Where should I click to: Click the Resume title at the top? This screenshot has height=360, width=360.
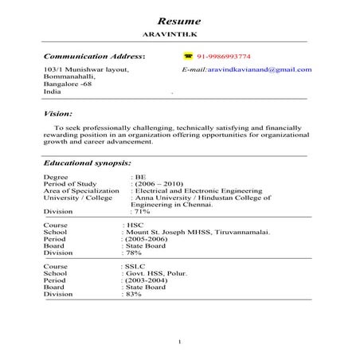point(179,21)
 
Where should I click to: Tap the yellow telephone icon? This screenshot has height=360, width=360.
point(188,57)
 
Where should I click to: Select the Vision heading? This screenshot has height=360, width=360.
point(58,114)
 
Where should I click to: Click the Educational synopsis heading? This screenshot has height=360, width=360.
point(87,162)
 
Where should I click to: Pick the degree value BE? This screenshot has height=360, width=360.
point(140,177)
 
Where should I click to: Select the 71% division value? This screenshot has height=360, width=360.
point(142,212)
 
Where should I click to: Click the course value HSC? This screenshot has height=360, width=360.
point(134,225)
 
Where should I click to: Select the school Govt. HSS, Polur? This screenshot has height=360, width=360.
point(158,273)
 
